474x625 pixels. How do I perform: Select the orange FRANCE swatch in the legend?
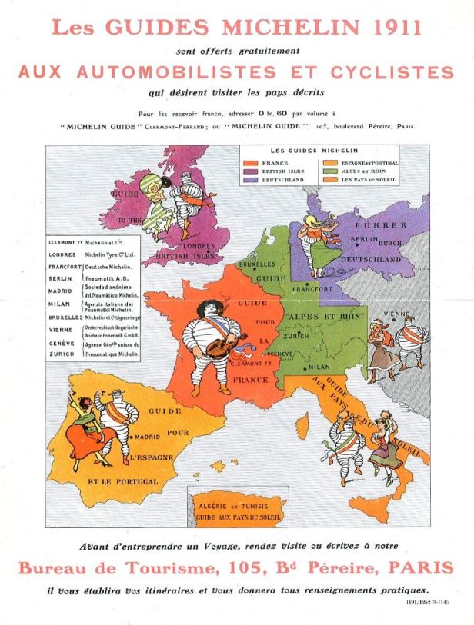point(251,163)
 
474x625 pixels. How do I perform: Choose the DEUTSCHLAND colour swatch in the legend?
point(251,180)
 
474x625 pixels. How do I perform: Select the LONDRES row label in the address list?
point(62,254)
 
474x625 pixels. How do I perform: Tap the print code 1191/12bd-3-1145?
point(427,603)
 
